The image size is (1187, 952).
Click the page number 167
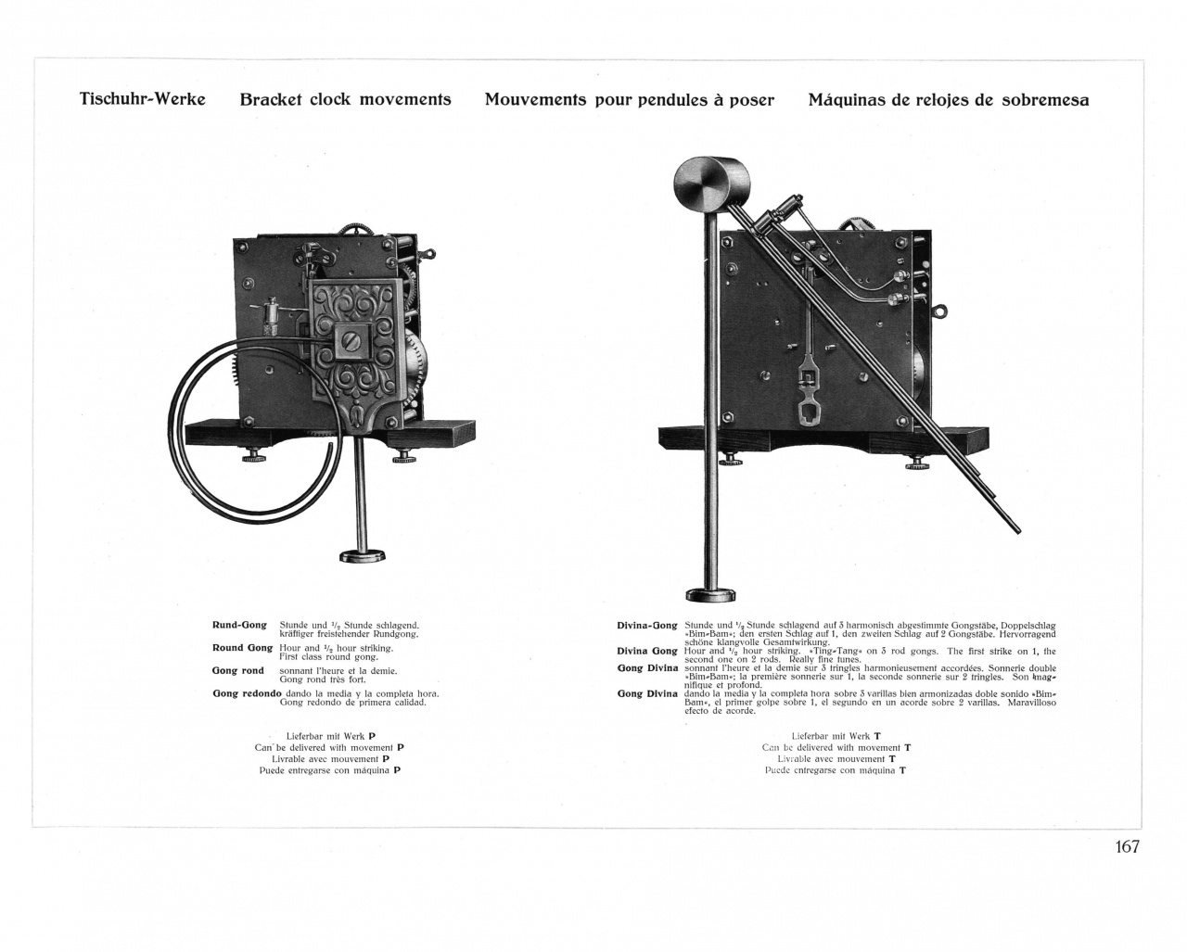pos(1127,846)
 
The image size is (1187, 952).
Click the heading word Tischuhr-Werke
pos(142,98)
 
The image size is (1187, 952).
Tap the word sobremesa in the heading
pos(1045,99)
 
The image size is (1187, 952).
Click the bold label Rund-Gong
pos(239,625)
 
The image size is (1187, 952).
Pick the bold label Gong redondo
pos(247,693)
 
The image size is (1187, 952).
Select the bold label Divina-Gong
pos(647,625)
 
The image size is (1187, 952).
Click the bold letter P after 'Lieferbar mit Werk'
pos(372,736)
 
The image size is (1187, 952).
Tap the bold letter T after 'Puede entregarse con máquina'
pos(902,770)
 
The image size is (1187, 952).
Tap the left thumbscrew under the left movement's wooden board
pos(251,456)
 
